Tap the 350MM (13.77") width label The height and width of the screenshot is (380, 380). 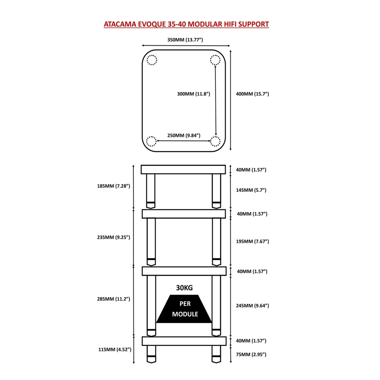pos(185,40)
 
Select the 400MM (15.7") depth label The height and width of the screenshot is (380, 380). pos(252,94)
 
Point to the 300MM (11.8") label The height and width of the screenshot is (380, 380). pos(193,94)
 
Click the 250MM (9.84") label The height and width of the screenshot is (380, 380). pos(184,135)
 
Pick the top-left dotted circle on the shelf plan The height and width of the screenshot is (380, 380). pos(152,60)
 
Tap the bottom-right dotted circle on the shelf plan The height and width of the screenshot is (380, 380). pos(215,141)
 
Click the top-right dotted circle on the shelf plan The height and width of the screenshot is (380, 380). pos(215,60)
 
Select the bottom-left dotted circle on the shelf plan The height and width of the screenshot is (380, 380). pos(151,141)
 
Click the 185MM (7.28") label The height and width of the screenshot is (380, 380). pos(113,186)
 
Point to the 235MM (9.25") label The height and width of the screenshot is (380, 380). pos(113,237)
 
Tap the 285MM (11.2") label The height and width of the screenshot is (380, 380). pos(113,299)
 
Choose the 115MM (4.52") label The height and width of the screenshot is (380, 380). pos(115,350)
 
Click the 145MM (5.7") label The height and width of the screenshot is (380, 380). pos(251,190)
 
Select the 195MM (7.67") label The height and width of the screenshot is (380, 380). pos(252,241)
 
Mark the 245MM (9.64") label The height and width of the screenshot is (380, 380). pos(252,306)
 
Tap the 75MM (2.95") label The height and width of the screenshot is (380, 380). pos(251,354)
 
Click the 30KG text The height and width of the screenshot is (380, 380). pos(184,288)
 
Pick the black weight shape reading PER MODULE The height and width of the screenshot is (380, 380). pos(184,309)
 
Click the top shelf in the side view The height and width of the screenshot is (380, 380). pos(183,169)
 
